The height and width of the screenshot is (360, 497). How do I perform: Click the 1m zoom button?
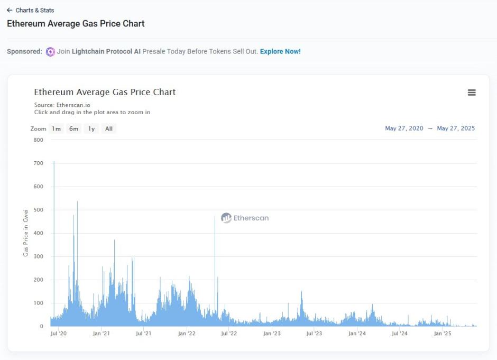click(x=56, y=129)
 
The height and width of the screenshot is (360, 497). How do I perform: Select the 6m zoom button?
click(x=73, y=129)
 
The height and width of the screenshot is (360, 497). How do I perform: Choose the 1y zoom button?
click(x=91, y=129)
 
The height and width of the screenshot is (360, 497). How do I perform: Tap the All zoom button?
click(x=108, y=129)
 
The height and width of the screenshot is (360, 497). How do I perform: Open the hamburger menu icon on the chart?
click(x=472, y=93)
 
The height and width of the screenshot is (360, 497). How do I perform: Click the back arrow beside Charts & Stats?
click(x=10, y=10)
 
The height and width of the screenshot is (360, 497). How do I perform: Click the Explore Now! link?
click(x=280, y=51)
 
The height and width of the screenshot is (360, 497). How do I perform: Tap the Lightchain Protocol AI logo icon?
click(x=50, y=52)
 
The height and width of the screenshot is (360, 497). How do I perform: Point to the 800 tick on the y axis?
click(x=38, y=140)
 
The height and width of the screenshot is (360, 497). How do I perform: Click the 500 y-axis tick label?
click(x=38, y=210)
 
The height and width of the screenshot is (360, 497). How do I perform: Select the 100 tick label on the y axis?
click(x=38, y=303)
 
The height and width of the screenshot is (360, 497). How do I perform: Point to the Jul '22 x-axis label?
click(x=228, y=334)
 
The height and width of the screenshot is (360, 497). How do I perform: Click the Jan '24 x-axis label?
click(x=357, y=334)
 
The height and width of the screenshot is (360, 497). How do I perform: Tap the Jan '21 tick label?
click(x=100, y=334)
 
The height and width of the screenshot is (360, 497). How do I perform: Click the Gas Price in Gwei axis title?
click(x=25, y=233)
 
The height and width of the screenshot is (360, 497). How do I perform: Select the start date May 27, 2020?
click(x=404, y=128)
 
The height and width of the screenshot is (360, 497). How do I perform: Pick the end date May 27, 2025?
click(x=456, y=128)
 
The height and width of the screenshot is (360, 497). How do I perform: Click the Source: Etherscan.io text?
click(x=62, y=105)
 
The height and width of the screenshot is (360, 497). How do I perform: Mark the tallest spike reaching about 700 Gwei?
click(x=54, y=163)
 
